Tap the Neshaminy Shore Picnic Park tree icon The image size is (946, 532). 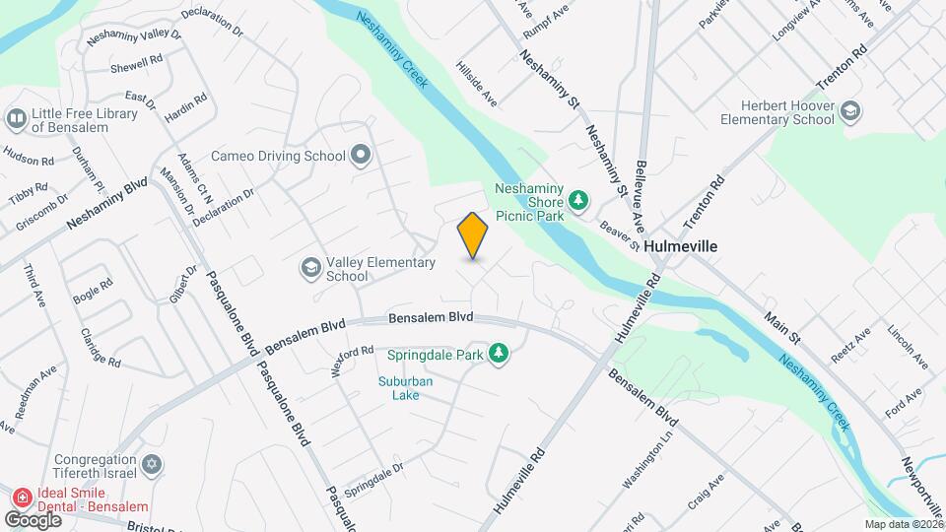click(579, 202)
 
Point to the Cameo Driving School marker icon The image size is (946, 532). click(362, 155)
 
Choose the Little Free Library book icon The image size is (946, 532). click(16, 119)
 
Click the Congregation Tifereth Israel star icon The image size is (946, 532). click(151, 463)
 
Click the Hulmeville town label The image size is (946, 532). click(681, 246)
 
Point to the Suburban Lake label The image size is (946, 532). click(399, 388)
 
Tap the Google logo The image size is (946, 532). click(33, 519)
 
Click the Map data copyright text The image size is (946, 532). click(903, 524)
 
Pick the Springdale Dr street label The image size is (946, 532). click(372, 480)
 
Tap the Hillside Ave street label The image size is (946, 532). click(476, 85)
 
